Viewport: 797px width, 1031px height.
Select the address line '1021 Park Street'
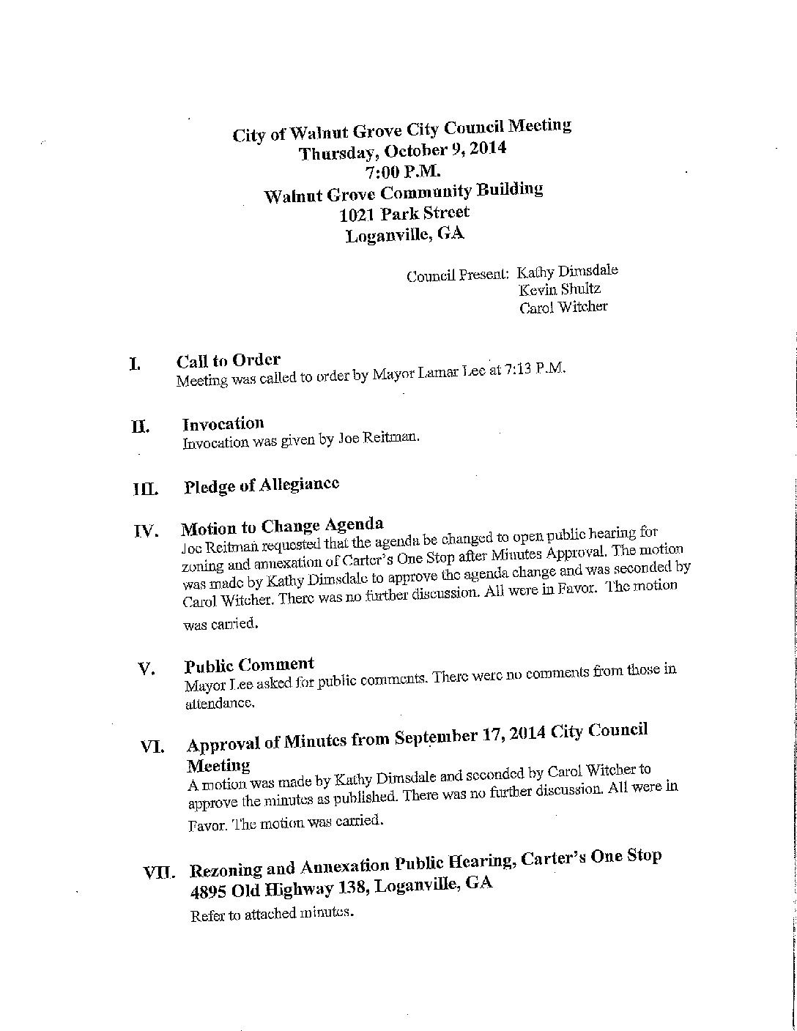pyautogui.click(x=405, y=215)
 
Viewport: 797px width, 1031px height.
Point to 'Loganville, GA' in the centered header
pyautogui.click(x=405, y=235)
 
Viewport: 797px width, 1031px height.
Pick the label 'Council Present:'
pyautogui.click(x=457, y=275)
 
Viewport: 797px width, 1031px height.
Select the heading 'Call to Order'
pyautogui.click(x=228, y=360)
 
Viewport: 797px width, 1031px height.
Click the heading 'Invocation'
pyautogui.click(x=223, y=424)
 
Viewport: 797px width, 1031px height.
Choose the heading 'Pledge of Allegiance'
pyautogui.click(x=262, y=485)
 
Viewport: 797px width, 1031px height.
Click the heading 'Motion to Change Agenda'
pyautogui.click(x=282, y=526)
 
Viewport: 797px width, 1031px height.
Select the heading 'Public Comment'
pyautogui.click(x=249, y=666)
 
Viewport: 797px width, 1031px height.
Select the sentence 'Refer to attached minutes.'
pyautogui.click(x=273, y=913)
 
